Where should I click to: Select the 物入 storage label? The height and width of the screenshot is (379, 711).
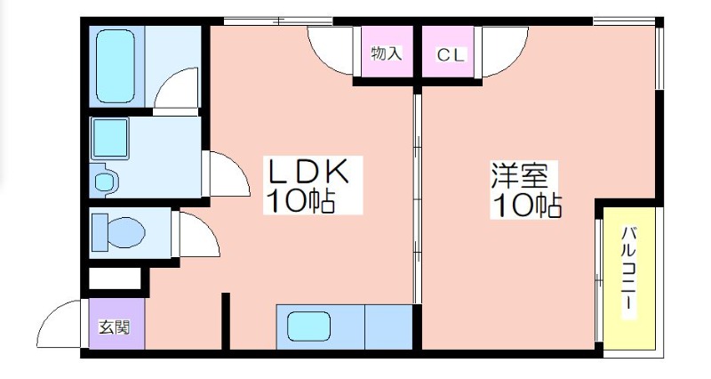(387, 53)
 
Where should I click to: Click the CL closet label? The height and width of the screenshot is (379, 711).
(451, 55)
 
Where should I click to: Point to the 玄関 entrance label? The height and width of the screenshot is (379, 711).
(116, 327)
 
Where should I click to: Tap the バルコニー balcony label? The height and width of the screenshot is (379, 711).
(627, 267)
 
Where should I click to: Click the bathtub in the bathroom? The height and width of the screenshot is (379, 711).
(116, 66)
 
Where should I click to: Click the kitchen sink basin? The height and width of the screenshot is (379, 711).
(308, 326)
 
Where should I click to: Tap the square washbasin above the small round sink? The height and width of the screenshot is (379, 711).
(110, 139)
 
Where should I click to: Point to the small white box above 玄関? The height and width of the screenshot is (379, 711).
(115, 278)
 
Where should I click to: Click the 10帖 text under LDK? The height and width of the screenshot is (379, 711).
(300, 201)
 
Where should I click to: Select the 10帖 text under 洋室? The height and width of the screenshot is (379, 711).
(527, 206)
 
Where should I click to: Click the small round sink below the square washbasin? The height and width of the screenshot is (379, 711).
(105, 181)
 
